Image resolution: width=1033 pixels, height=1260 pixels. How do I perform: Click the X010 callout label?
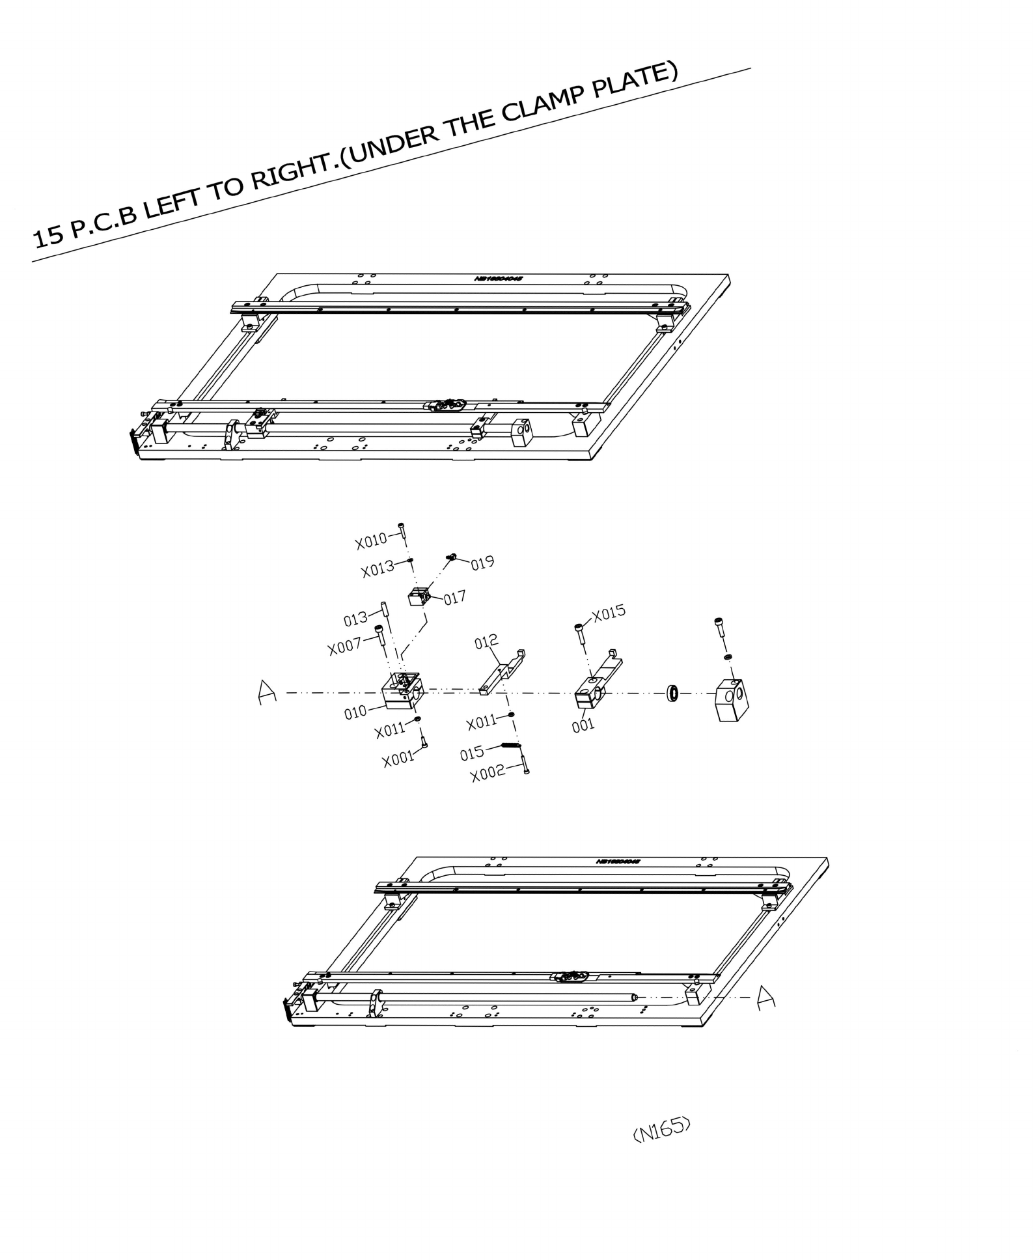(370, 540)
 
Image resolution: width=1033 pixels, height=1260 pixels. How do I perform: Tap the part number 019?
(482, 563)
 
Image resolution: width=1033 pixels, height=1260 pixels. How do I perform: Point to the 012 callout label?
(486, 642)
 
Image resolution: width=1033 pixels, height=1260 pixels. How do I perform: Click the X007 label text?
(345, 647)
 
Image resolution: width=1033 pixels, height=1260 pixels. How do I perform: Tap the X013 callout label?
(378, 568)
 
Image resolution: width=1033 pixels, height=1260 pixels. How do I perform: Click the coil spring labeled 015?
(511, 746)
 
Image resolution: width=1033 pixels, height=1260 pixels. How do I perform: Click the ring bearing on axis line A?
(673, 693)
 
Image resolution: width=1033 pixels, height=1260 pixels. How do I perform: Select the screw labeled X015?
(579, 633)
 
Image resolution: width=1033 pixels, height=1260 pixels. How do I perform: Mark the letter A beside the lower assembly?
(766, 997)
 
